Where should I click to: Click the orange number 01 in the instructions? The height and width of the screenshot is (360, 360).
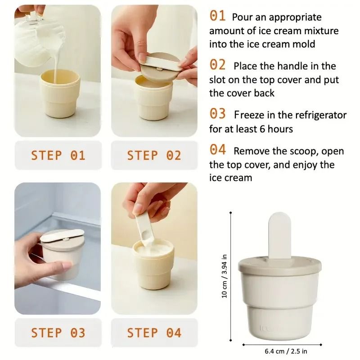(217, 16)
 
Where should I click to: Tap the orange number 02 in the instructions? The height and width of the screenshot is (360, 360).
(218, 65)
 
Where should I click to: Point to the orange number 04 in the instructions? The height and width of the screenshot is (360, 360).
(218, 150)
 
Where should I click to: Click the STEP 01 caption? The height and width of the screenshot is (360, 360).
(58, 156)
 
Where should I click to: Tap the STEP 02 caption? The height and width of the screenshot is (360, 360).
(154, 156)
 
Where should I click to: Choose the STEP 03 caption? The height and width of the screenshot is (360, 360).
(58, 333)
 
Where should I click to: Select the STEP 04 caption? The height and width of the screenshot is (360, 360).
(154, 333)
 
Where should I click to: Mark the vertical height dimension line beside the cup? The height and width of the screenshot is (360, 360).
(231, 275)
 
